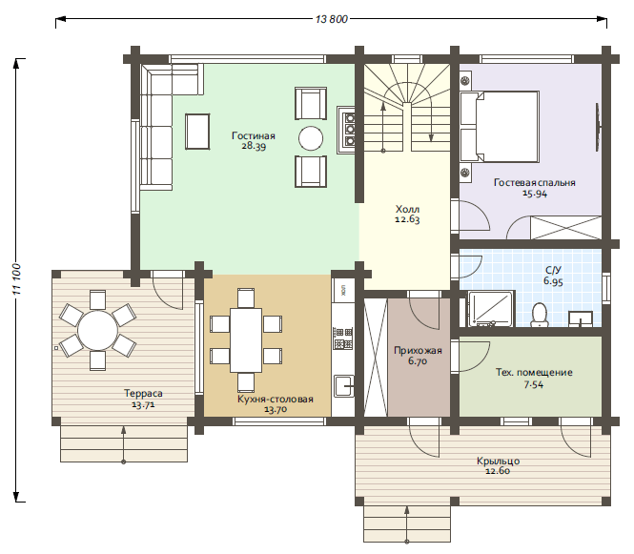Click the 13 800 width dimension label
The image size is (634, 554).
[x=331, y=19]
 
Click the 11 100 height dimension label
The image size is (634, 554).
[x=17, y=279]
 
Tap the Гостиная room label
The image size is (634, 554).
[x=254, y=135]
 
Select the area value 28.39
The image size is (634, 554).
[x=254, y=147]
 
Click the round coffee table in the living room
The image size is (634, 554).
[x=311, y=138]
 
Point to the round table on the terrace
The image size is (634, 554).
[x=97, y=330]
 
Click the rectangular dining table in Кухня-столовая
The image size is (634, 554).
[x=246, y=340]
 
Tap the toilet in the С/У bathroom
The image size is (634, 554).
[x=539, y=315]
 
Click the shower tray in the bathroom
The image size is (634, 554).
[x=491, y=309]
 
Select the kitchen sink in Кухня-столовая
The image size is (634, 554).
[x=343, y=386]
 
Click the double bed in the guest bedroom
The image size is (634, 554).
[x=500, y=127]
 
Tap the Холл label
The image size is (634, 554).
[x=408, y=210]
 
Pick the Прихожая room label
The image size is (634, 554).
[x=418, y=350]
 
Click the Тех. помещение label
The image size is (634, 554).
[x=534, y=373]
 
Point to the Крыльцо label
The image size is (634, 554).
[x=498, y=461]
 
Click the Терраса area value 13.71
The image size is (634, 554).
[x=144, y=404]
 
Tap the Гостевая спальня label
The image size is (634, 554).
[x=535, y=182]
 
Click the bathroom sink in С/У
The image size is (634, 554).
[x=581, y=318]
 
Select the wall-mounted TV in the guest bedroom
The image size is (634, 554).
[x=597, y=127]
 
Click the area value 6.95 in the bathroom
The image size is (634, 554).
[x=553, y=281]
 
